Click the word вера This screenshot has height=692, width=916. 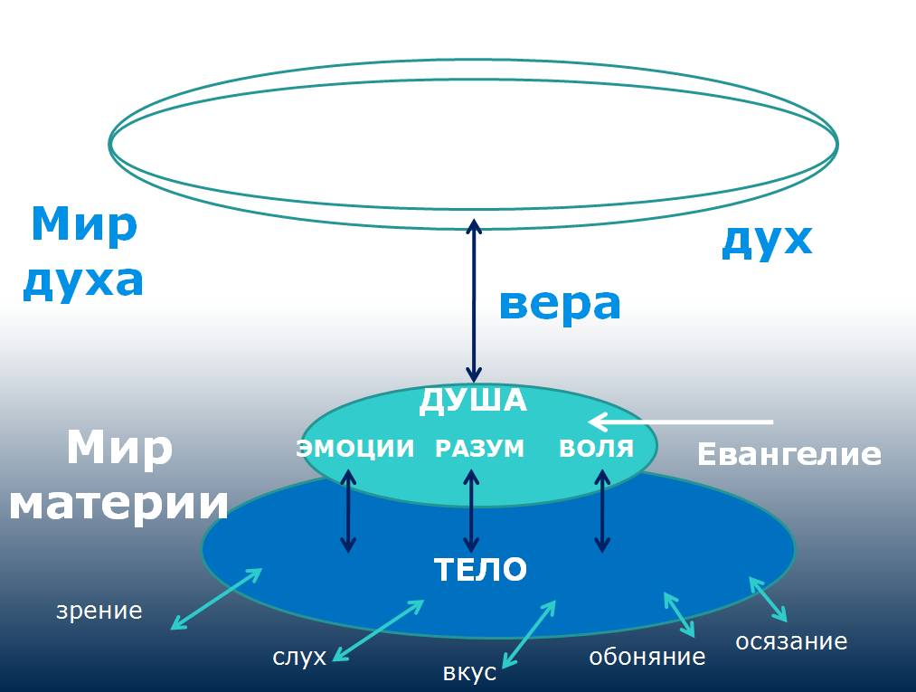tap(560, 306)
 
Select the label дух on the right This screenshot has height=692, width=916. tap(767, 240)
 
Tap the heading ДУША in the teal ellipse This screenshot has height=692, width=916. tap(472, 401)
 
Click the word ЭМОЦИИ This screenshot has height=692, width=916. tap(355, 449)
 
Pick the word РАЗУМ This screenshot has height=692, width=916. tap(479, 449)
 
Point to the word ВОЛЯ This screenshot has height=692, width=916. tap(596, 449)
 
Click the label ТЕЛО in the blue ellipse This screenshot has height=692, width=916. tap(480, 570)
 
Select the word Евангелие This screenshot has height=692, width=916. tap(789, 454)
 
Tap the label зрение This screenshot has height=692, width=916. tap(99, 611)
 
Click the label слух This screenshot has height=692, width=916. tap(298, 657)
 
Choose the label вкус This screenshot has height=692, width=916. tap(469, 673)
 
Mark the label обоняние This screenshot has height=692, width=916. tap(647, 657)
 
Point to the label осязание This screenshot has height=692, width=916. tap(791, 641)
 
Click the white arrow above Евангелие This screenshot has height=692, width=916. tap(680, 422)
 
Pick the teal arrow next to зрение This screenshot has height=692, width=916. tap(217, 598)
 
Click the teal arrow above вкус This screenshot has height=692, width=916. tap(528, 633)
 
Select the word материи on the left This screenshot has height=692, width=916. tap(118, 503)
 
